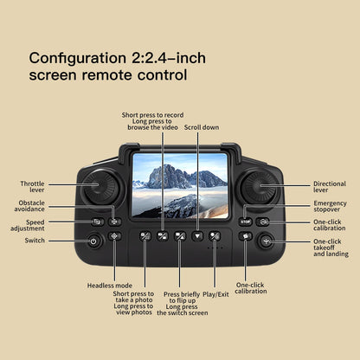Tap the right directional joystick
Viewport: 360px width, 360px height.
tap(258, 186)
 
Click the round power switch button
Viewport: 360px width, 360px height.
tap(94, 241)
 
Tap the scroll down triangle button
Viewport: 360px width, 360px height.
tap(197, 235)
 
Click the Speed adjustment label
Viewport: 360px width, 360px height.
tap(28, 224)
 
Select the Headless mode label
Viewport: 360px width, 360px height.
tap(110, 285)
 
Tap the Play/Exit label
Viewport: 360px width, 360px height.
tap(215, 294)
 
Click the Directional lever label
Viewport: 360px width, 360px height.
tap(330, 187)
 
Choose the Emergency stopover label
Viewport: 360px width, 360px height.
tap(330, 206)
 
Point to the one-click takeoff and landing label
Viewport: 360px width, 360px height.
tap(331, 247)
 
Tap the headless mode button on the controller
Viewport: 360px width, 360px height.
tap(115, 235)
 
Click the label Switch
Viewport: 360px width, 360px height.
tap(35, 241)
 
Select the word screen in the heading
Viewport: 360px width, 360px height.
tap(57, 76)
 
